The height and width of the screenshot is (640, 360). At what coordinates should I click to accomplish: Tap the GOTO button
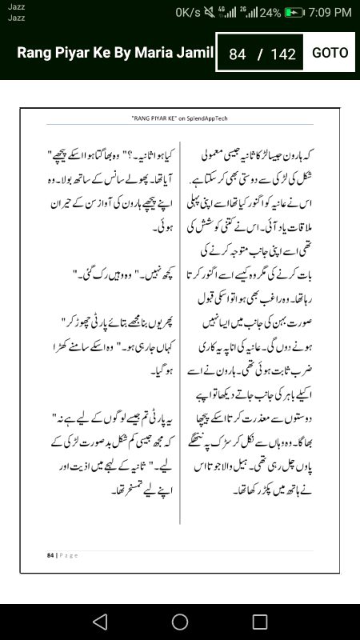(x=330, y=53)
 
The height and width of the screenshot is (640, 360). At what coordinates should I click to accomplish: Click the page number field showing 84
(x=237, y=54)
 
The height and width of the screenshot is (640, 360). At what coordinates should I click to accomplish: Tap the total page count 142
(x=283, y=54)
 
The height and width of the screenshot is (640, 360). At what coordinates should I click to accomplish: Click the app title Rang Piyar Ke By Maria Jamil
(x=115, y=54)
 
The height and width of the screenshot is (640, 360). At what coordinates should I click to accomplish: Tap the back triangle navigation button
(x=99, y=622)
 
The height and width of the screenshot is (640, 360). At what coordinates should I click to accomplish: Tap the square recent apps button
(x=260, y=622)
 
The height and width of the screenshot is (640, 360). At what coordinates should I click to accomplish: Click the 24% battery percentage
(x=270, y=13)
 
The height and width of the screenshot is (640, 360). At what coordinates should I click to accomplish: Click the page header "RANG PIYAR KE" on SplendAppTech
(x=180, y=117)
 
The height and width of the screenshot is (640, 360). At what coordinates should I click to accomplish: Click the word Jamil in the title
(x=197, y=54)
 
